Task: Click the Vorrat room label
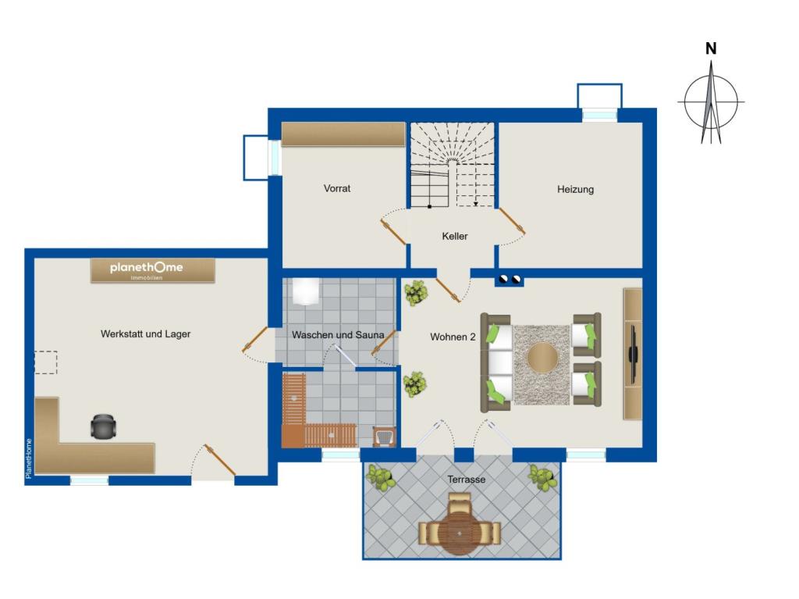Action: coord(337,188)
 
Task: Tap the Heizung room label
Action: coord(575,189)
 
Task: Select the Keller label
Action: coord(455,236)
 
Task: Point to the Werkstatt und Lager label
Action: coord(145,334)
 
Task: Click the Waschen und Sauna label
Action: coord(338,335)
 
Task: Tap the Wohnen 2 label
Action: coord(453,337)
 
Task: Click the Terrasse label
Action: coord(467,480)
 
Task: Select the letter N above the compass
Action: coord(711,48)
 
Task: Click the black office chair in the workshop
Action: coord(104,426)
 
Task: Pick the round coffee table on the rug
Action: coord(542,357)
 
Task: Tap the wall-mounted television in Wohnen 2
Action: coord(633,353)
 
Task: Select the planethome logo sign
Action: coord(152,270)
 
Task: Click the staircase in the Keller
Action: coord(453,165)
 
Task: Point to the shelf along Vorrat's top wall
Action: coord(343,134)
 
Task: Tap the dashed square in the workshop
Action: coord(46,362)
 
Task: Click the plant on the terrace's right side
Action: coord(542,478)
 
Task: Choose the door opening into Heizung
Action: coord(512,222)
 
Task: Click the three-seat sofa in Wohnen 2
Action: coord(497,363)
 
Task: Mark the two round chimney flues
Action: coord(510,279)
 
